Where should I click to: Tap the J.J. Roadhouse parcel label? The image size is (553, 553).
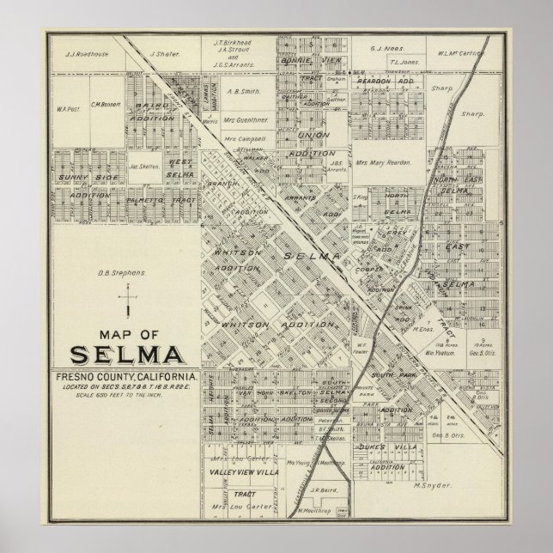click(82, 53)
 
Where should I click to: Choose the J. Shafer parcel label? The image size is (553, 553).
click(162, 53)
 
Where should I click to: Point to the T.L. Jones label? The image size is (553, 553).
click(404, 63)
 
